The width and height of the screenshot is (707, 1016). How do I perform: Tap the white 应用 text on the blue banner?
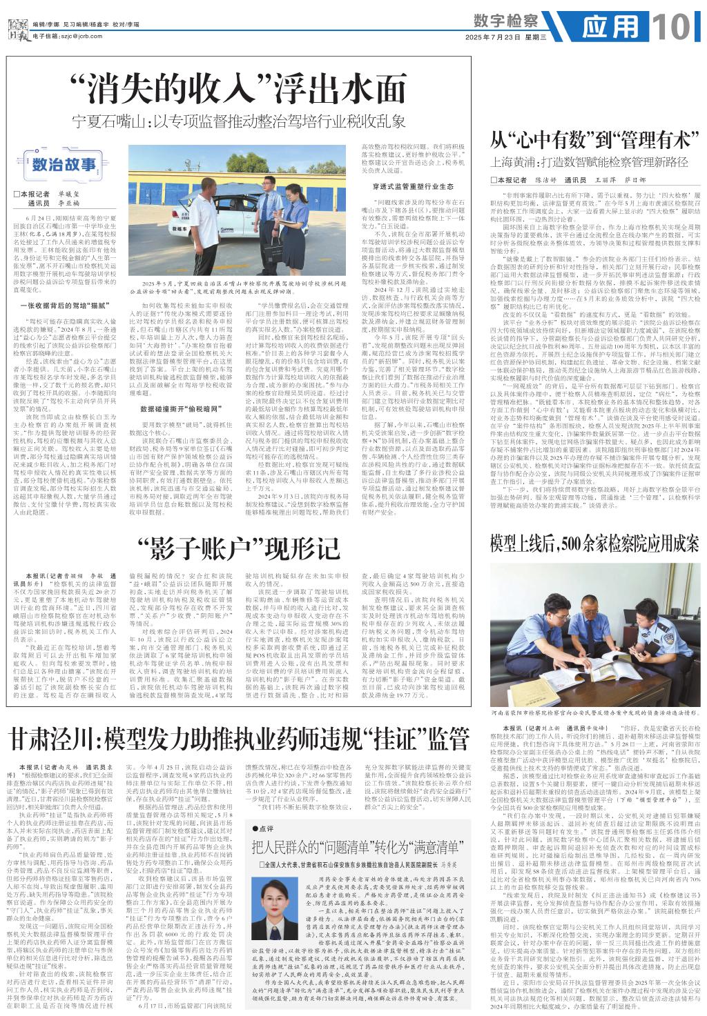[611, 28]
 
